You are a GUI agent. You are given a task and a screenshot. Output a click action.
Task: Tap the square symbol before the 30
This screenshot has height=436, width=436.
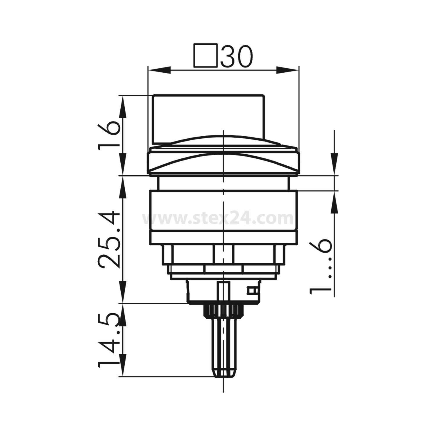(x=206, y=56)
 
